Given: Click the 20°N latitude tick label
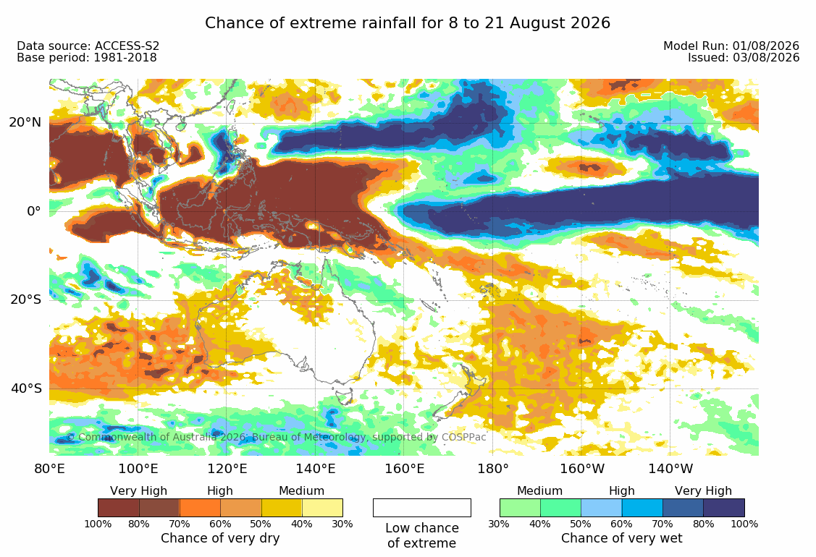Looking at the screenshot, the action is click(25, 122).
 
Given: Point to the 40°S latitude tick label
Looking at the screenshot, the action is click(26, 388).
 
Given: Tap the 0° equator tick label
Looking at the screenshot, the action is click(34, 211).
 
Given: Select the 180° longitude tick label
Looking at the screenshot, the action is click(493, 469).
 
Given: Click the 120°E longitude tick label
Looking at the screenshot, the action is click(227, 469).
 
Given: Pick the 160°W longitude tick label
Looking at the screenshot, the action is click(582, 469).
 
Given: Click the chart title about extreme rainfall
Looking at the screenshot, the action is click(408, 23).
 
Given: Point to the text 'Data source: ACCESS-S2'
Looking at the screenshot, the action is click(88, 46).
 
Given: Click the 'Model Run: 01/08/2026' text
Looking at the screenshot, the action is click(731, 46).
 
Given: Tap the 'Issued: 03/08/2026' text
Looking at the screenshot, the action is click(744, 58).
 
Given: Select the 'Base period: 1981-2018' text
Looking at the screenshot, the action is click(87, 58).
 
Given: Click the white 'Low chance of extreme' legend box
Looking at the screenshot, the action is click(422, 508).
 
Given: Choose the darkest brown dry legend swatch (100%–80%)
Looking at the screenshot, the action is click(118, 508).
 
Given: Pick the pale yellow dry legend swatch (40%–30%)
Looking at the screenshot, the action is click(322, 508).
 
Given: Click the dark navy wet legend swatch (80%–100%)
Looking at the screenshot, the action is click(724, 508).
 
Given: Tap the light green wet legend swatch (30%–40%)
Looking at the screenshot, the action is click(520, 508).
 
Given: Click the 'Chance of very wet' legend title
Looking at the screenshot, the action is click(621, 538).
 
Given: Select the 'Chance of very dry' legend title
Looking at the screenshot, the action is click(220, 538).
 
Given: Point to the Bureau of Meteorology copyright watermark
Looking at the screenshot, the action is click(276, 437).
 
